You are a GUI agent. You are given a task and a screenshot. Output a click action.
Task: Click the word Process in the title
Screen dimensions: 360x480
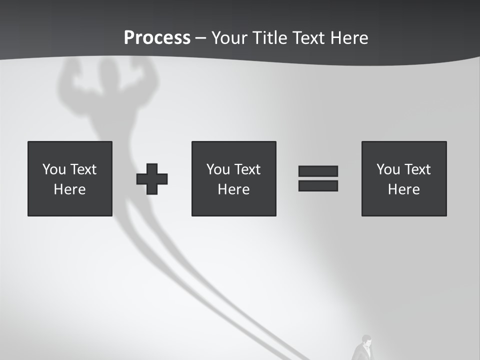click(x=157, y=38)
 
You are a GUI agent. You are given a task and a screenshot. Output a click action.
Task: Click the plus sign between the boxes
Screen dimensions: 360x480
click(x=152, y=179)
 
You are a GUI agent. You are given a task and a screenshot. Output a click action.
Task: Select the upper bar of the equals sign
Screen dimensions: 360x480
click(x=318, y=171)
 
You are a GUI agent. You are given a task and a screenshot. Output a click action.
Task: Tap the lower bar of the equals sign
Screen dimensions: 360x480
click(x=318, y=185)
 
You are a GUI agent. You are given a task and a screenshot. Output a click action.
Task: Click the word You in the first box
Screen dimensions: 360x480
click(x=54, y=169)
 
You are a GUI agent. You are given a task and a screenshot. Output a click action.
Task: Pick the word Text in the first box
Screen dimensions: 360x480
click(x=83, y=169)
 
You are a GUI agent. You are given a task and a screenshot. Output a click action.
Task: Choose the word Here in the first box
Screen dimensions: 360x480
click(x=69, y=189)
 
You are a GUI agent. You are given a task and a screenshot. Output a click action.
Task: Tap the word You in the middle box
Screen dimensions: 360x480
click(x=218, y=169)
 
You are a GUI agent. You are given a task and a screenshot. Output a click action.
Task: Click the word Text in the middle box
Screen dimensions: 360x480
click(x=247, y=169)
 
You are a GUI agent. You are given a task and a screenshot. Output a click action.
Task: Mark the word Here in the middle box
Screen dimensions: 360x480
click(x=233, y=189)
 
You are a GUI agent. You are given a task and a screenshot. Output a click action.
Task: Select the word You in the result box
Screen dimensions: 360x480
click(x=388, y=169)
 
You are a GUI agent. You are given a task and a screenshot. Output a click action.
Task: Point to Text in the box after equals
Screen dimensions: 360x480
click(x=417, y=169)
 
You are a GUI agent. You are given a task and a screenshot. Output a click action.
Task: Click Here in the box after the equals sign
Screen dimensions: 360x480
click(x=403, y=189)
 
